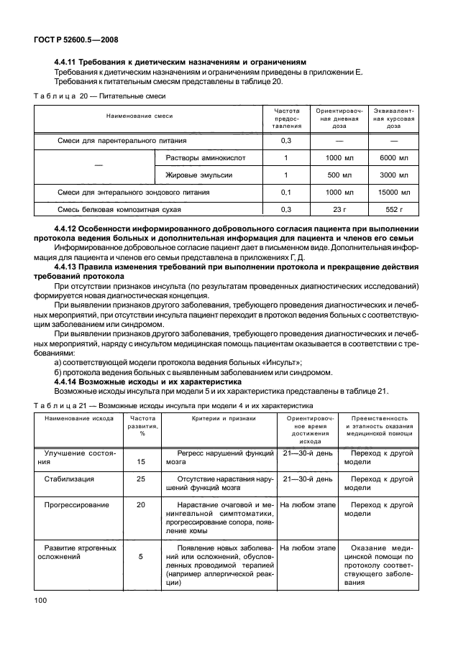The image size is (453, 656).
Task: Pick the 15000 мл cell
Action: (393, 193)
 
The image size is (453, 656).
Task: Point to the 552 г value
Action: (393, 210)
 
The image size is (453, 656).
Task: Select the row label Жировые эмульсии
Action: (199, 175)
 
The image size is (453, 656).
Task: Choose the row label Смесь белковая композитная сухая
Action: (119, 210)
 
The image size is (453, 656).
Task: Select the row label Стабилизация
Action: (68, 479)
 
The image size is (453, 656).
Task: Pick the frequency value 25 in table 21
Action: (141, 479)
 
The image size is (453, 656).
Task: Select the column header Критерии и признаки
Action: (214, 418)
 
